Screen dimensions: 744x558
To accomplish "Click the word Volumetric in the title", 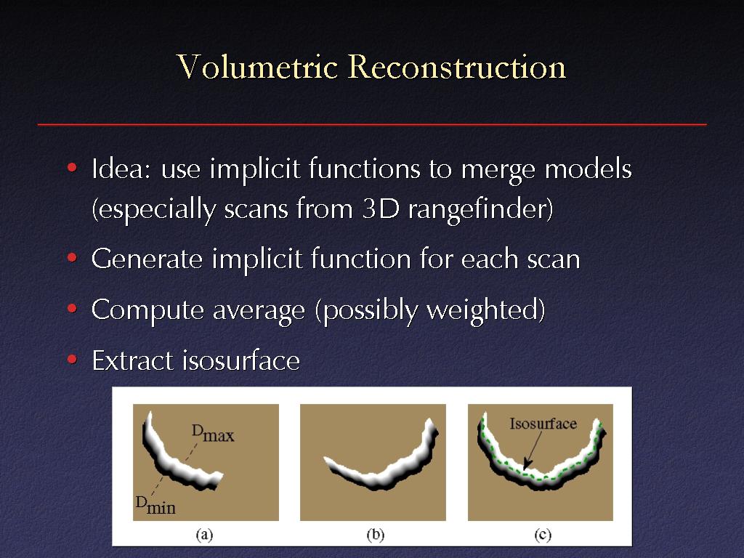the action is tap(257, 66).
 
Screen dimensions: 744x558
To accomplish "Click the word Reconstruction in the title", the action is tap(457, 66).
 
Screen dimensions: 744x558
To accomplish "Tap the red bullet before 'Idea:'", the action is tap(72, 168).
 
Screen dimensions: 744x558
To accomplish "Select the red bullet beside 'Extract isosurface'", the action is tap(72, 359).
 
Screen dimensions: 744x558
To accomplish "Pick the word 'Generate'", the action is tap(147, 259).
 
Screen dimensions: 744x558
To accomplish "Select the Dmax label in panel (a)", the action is tap(213, 433).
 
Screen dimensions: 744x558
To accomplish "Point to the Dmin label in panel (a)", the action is tap(155, 506).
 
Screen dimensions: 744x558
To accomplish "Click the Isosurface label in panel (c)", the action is tap(543, 424).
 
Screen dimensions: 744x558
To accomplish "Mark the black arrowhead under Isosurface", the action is tap(526, 464).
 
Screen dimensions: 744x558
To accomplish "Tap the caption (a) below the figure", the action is tap(204, 535).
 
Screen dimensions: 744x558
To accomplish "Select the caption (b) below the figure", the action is tap(376, 535).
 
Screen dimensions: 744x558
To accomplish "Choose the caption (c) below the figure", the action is tap(543, 535).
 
